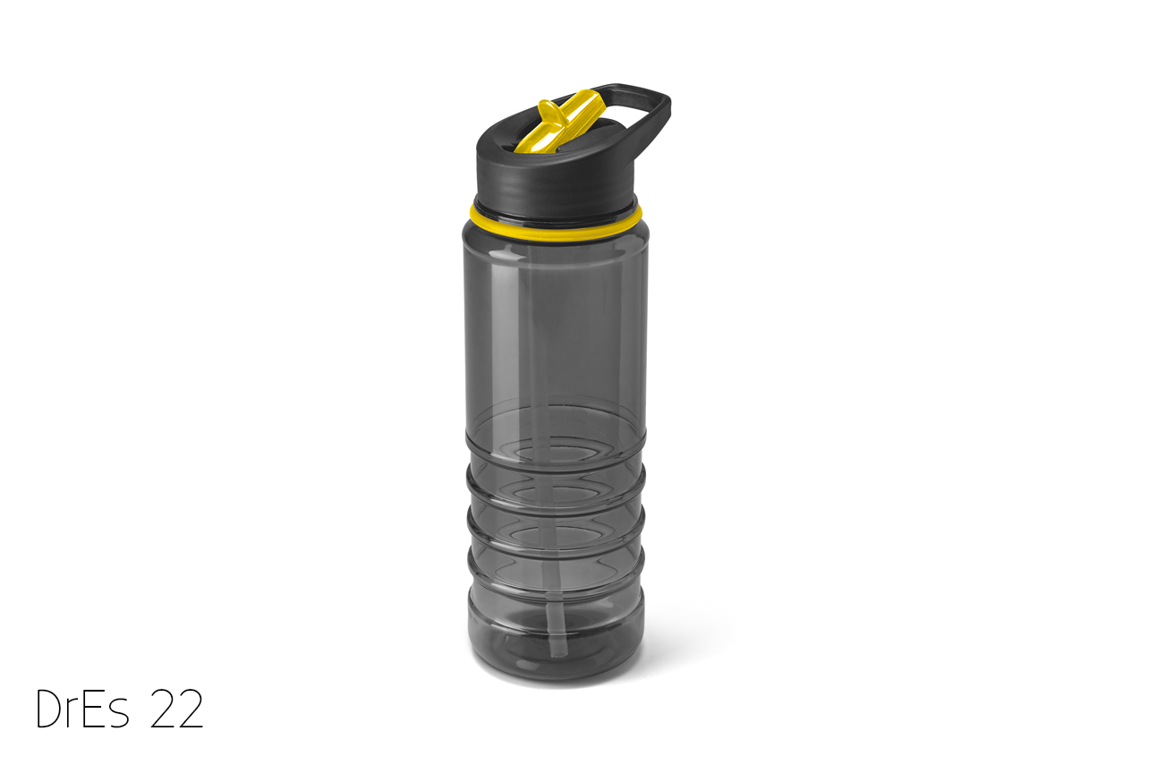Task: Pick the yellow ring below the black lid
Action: pos(556,225)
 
